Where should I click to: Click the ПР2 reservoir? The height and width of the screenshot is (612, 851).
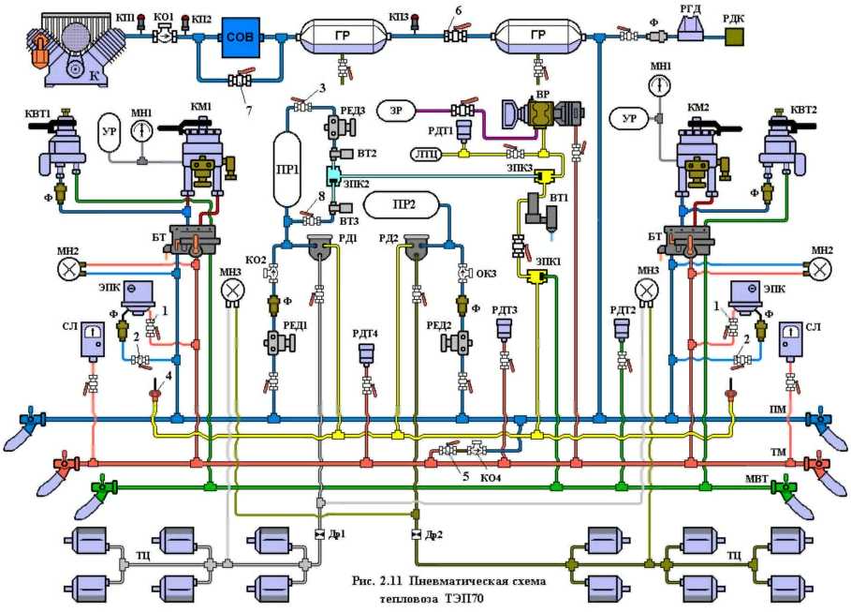coord(403,204)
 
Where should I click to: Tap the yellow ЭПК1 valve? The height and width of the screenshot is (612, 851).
coord(536,277)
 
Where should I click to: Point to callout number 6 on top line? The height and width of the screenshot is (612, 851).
coord(457,11)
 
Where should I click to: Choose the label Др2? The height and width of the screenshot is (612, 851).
coord(432,535)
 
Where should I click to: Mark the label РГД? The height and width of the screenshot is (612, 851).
coord(690,9)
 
